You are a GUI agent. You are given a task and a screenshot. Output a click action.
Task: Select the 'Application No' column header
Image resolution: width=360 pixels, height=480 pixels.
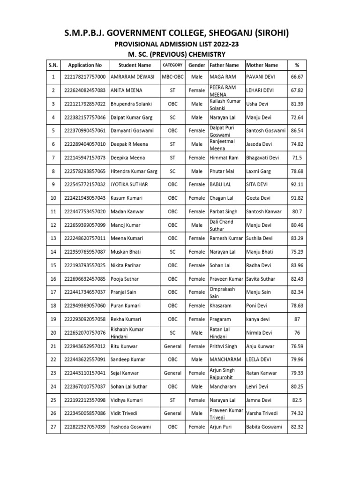pyautogui.click(x=85, y=65)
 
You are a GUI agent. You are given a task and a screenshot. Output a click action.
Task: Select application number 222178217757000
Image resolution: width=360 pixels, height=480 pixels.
pyautogui.click(x=85, y=76)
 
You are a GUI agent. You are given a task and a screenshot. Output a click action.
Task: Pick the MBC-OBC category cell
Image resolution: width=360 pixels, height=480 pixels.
pyautogui.click(x=172, y=76)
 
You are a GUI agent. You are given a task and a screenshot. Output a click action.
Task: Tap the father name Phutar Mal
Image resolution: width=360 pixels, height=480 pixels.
pyautogui.click(x=222, y=172)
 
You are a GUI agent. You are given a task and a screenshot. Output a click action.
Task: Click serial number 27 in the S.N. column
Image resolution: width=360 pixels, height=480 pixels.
pyautogui.click(x=53, y=427)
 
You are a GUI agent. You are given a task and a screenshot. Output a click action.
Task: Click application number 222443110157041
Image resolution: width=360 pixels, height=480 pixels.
pyautogui.click(x=85, y=373)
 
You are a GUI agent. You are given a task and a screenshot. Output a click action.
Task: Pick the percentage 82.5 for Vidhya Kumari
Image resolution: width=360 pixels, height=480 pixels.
pyautogui.click(x=297, y=400)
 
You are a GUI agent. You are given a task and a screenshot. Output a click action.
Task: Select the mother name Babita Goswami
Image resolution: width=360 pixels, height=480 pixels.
pyautogui.click(x=264, y=427)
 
